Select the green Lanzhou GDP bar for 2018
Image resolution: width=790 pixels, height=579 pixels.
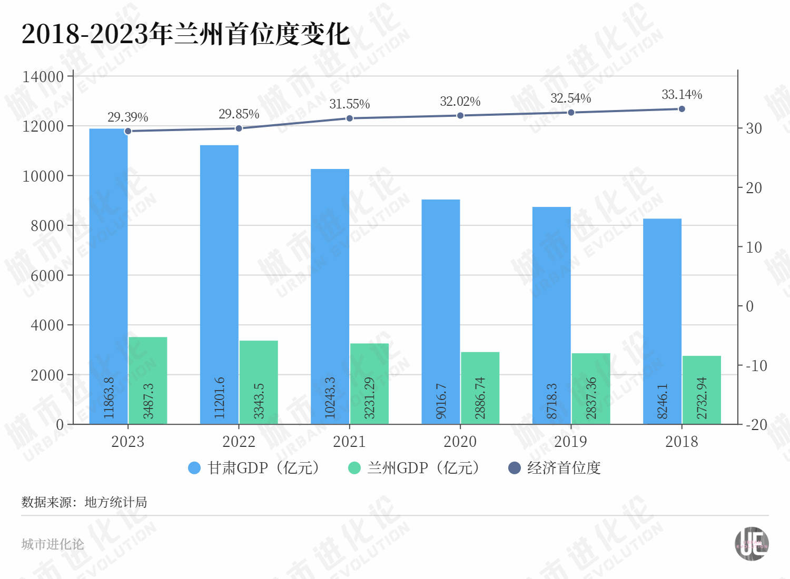coord(702,390)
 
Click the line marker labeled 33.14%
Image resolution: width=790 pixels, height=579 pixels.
coord(682,109)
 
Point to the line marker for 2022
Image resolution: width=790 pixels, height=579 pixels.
coord(239,128)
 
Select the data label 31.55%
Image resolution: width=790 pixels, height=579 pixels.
coord(350,104)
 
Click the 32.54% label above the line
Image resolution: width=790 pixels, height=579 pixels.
coord(570,98)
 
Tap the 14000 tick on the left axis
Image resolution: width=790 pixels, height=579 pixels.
coord(43,77)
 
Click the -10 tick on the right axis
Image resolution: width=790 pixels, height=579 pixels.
coord(756,366)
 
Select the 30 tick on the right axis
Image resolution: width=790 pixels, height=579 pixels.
coord(754,128)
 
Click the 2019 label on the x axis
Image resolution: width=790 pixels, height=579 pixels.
coord(570,442)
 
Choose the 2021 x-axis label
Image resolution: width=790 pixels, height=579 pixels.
coord(349,442)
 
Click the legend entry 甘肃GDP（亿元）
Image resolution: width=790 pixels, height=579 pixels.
coord(254,468)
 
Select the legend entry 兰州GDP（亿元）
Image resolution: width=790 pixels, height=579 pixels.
coord(414,468)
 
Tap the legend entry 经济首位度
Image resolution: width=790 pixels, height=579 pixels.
coord(555,468)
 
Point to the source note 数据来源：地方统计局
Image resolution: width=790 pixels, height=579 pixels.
coord(84,502)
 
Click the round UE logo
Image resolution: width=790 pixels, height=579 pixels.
coord(752,544)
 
